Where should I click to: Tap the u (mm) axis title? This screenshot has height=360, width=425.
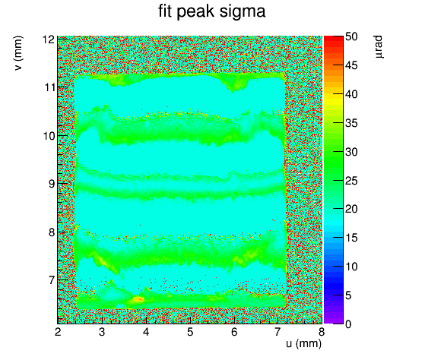pos(303,344)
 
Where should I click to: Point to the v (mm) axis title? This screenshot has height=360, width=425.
pos(18,53)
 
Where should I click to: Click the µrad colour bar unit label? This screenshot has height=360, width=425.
pos(379,46)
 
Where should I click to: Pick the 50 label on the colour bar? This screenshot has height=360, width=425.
pos(351,36)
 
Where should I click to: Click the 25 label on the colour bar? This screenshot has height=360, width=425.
pos(351,181)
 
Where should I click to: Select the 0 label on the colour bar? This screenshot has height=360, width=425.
pos(348,324)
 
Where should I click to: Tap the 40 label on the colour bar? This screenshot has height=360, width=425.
pos(351,94)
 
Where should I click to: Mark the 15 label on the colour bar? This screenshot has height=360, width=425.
pos(351,238)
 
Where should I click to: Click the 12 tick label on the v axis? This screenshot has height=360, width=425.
pos(49,39)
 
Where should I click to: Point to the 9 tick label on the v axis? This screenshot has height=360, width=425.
pos(52,184)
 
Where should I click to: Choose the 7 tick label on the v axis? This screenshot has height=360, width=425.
pos(52,280)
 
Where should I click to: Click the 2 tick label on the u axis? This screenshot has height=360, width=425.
pos(58,332)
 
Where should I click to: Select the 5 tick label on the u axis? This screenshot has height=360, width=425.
pos(190,332)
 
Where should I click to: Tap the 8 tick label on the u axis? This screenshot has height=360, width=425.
pos(322,332)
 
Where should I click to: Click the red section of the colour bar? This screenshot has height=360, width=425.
pos(334,42)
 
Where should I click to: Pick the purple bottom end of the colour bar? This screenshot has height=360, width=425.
pos(334,320)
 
